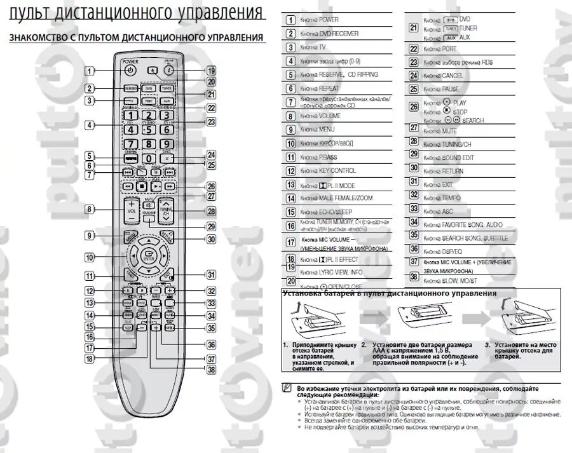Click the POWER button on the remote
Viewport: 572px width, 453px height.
click(x=130, y=71)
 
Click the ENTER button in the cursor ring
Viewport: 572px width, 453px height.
click(x=149, y=256)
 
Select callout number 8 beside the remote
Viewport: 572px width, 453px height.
click(x=90, y=209)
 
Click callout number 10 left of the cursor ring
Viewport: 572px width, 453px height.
click(x=90, y=258)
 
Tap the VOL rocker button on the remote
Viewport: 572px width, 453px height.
click(x=132, y=210)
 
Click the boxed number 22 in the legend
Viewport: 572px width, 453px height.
click(x=413, y=48)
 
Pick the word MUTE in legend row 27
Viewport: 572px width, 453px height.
click(x=451, y=131)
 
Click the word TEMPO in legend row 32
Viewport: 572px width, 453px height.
click(x=451, y=198)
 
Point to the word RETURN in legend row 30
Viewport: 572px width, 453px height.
click(x=453, y=171)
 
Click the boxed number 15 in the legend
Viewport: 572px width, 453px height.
click(x=290, y=212)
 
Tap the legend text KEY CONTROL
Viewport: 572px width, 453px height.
click(x=337, y=171)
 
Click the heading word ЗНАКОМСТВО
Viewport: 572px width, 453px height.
click(x=39, y=38)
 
